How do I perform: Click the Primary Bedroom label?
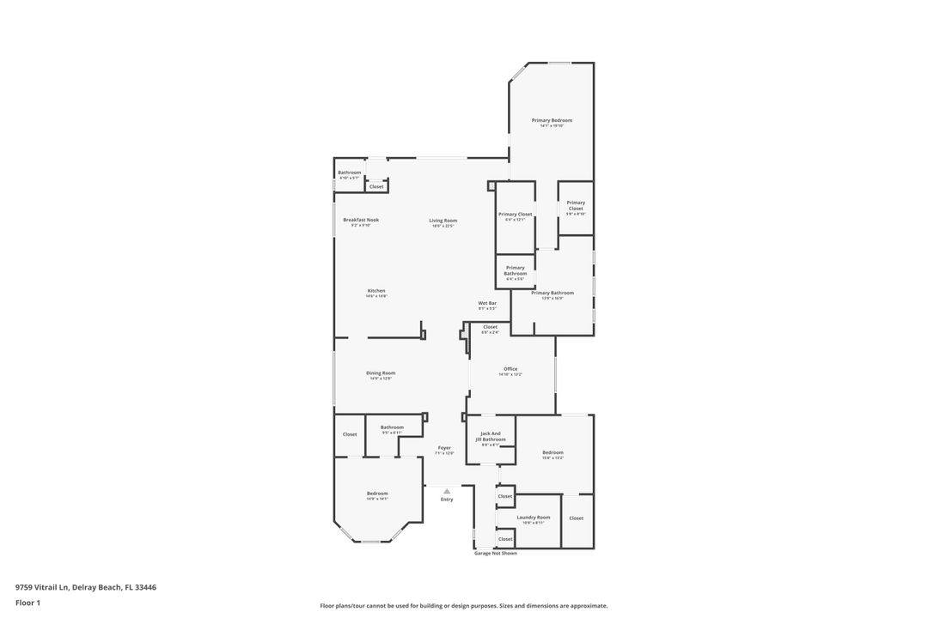(x=552, y=120)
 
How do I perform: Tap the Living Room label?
(x=443, y=221)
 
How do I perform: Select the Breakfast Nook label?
(x=361, y=220)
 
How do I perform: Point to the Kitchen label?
(x=376, y=290)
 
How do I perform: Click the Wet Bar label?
(x=487, y=303)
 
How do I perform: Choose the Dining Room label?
(x=381, y=373)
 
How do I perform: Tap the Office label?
(x=510, y=369)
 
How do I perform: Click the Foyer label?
(x=444, y=447)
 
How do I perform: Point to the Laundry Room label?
(x=534, y=518)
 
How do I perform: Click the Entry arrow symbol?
(x=447, y=491)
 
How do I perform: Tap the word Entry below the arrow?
(x=447, y=500)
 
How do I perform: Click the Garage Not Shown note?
(x=496, y=554)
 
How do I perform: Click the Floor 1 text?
(x=27, y=603)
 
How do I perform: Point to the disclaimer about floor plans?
(x=464, y=606)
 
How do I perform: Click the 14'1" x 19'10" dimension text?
(x=552, y=126)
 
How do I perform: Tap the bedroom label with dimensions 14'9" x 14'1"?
(x=377, y=494)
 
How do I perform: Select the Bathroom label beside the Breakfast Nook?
(x=350, y=173)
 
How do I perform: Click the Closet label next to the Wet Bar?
(x=490, y=327)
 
